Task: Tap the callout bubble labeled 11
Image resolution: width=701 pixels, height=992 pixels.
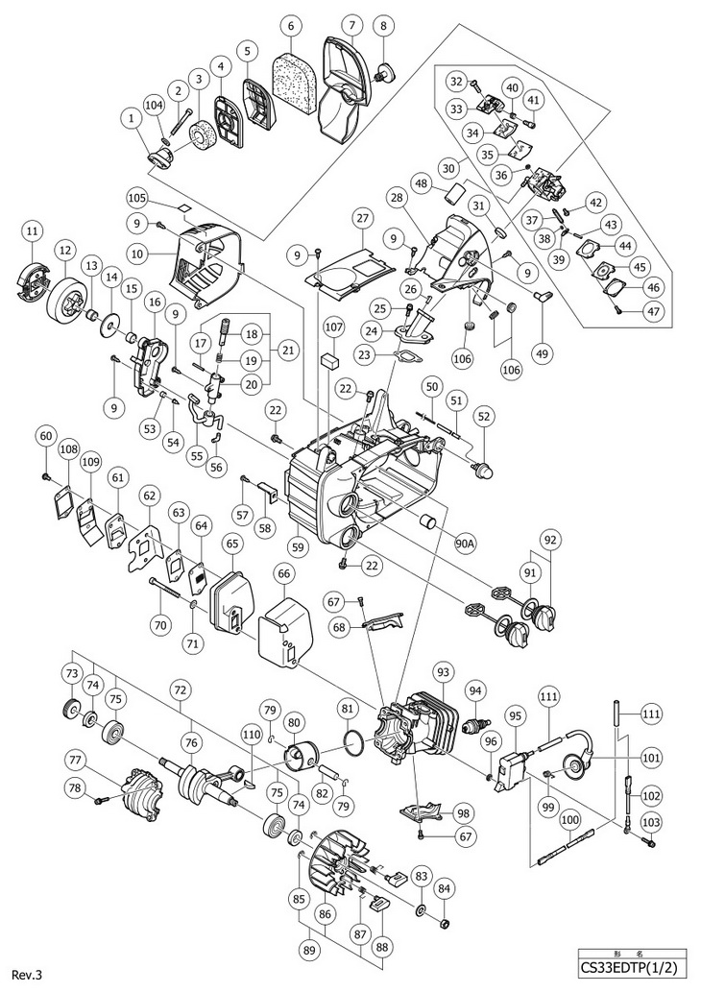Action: tap(34, 230)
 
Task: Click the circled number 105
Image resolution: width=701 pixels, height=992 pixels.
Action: tap(136, 198)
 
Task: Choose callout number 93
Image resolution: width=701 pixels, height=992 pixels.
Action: tap(443, 669)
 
